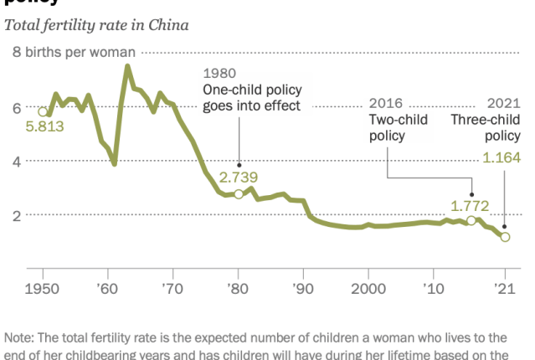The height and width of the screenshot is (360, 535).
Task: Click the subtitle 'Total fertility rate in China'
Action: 96,24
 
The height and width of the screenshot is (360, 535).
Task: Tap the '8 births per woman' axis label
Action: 73,52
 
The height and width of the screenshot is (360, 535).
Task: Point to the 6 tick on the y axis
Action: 17,107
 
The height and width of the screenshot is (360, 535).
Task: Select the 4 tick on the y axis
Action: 17,161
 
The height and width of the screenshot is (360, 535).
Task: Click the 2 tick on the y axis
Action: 17,215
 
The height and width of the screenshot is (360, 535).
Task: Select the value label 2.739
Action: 239,177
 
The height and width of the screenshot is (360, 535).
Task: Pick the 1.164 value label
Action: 502,157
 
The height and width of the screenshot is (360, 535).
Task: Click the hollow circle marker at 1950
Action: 43,111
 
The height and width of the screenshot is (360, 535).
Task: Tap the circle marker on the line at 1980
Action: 239,193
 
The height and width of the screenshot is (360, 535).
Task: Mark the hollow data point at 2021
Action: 505,237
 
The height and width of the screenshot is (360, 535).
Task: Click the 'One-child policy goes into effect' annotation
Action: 252,97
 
